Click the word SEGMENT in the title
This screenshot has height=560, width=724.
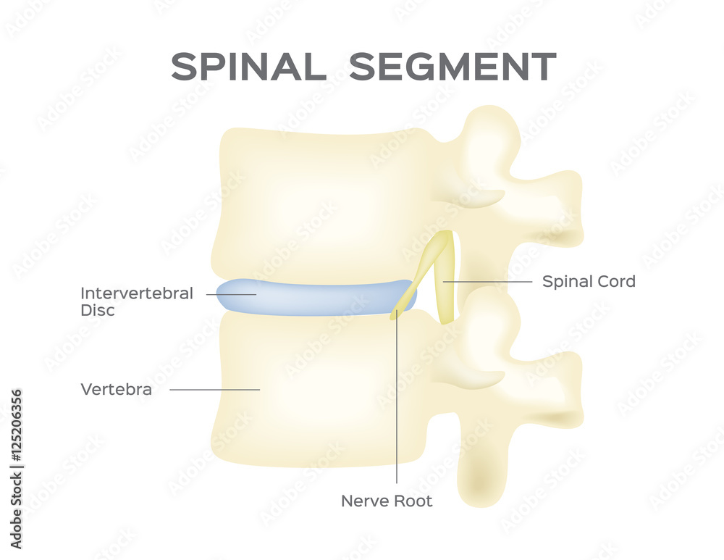click(x=452, y=67)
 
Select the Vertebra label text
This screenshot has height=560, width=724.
click(x=116, y=390)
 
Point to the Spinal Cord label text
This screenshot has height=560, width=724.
click(x=589, y=281)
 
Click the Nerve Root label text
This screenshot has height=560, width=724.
click(x=387, y=501)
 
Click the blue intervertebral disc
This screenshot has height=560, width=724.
click(x=311, y=298)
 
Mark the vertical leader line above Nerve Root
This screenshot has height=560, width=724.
click(x=397, y=406)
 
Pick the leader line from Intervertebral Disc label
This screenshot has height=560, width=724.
click(x=230, y=294)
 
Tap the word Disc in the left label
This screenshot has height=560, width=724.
click(x=97, y=311)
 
